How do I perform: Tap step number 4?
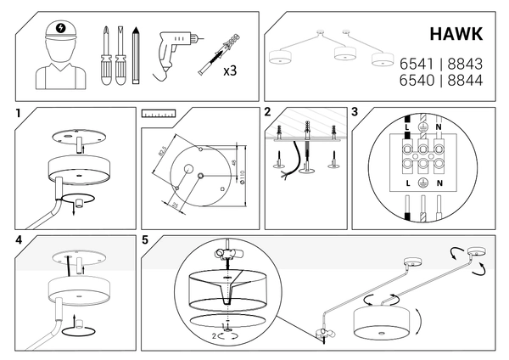[x=18, y=240]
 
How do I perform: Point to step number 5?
[x=147, y=240]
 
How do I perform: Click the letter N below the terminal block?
[x=439, y=183]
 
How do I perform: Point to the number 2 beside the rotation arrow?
[x=214, y=336]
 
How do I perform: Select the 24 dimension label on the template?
[x=172, y=205]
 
